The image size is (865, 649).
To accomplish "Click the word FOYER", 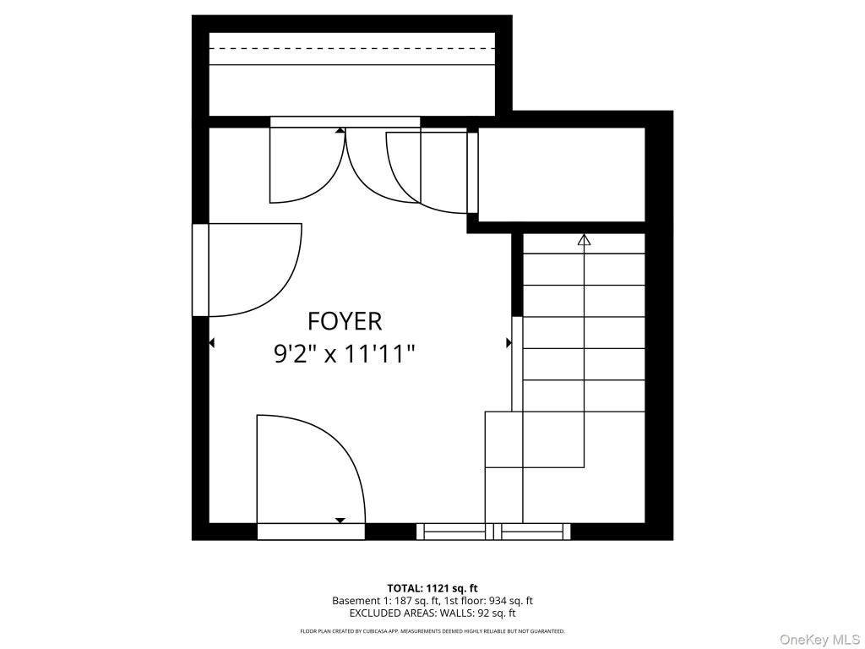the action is click(x=345, y=320).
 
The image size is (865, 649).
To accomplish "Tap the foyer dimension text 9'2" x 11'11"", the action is click(x=345, y=353).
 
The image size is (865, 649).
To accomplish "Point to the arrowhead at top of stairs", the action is click(x=584, y=239).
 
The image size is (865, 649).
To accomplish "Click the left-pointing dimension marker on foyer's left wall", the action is click(x=211, y=343).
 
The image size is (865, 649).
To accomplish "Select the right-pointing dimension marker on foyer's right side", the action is click(x=509, y=343).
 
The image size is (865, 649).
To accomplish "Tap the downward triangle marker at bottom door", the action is click(x=340, y=521).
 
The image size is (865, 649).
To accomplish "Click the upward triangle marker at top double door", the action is click(x=340, y=131).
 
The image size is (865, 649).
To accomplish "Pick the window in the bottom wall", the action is click(x=493, y=532).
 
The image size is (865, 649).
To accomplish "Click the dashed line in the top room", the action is click(x=352, y=48).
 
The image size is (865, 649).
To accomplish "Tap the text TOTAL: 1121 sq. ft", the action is click(x=432, y=588).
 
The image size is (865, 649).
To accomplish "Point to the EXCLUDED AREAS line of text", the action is click(x=432, y=614).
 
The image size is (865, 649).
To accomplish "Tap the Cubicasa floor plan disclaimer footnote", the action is click(x=432, y=630).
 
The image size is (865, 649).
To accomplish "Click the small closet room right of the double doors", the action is click(x=561, y=174).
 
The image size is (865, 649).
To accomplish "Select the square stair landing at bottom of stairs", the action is click(x=503, y=439).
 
